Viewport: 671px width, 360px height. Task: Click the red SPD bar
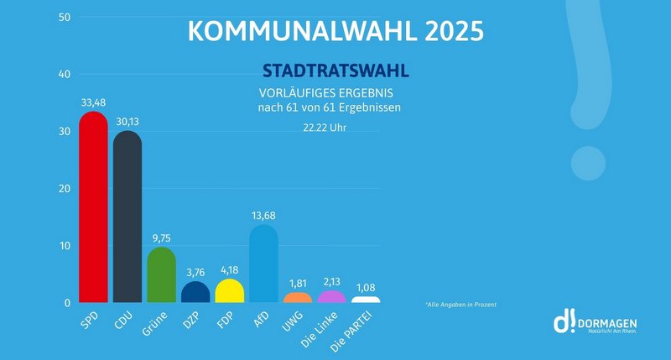pyautogui.click(x=92, y=210)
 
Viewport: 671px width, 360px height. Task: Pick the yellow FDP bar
pyautogui.click(x=229, y=291)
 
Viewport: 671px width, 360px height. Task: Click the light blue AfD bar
pyautogui.click(x=263, y=264)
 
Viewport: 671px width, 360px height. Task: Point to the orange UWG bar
pyautogui.click(x=298, y=298)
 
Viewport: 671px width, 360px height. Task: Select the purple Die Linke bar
pyautogui.click(x=331, y=297)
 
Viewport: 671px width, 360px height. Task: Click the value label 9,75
pyautogui.click(x=161, y=238)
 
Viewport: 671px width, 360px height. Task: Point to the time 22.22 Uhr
pyautogui.click(x=325, y=128)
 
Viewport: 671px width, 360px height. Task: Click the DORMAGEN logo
pyautogui.click(x=595, y=323)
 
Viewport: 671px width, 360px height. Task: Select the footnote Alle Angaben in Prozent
pyautogui.click(x=460, y=304)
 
